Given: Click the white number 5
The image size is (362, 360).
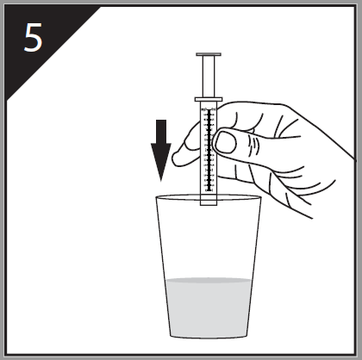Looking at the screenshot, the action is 34,37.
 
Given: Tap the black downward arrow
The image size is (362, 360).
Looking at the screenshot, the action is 161,150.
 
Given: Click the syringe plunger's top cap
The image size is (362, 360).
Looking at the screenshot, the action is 209,54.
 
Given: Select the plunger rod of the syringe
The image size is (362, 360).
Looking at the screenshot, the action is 209,77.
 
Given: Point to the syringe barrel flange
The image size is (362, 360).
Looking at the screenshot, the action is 209,99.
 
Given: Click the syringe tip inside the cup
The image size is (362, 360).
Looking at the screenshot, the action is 209,202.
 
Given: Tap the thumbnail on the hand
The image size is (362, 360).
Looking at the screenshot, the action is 226,142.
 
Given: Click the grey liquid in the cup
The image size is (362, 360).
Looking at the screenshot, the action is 209,307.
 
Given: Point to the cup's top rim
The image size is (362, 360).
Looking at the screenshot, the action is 209,197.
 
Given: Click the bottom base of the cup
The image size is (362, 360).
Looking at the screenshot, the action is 209,336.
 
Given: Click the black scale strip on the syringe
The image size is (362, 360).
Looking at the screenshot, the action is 209,150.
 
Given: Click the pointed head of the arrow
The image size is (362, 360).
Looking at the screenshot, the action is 161,161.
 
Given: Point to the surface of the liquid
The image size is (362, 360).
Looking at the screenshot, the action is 209,280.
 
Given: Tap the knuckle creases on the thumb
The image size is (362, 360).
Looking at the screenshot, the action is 254,145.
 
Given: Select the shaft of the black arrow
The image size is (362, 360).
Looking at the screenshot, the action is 161,132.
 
